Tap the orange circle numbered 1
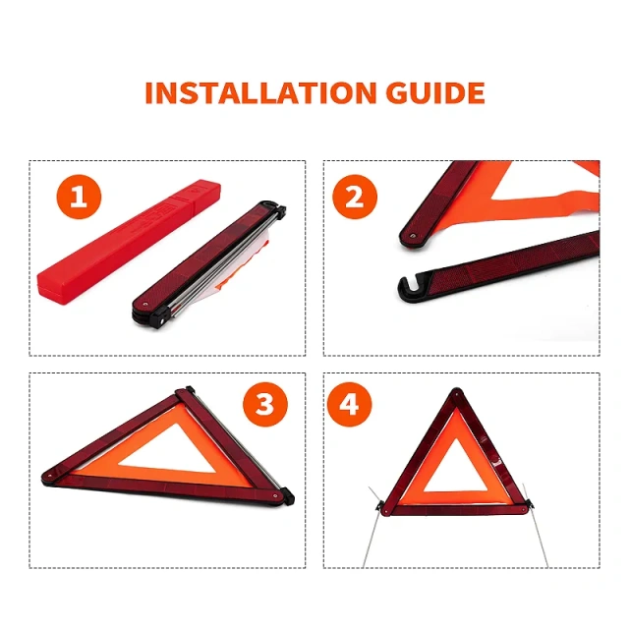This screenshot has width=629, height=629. pos(79,200)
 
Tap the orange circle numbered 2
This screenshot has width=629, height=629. pos(354,200)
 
